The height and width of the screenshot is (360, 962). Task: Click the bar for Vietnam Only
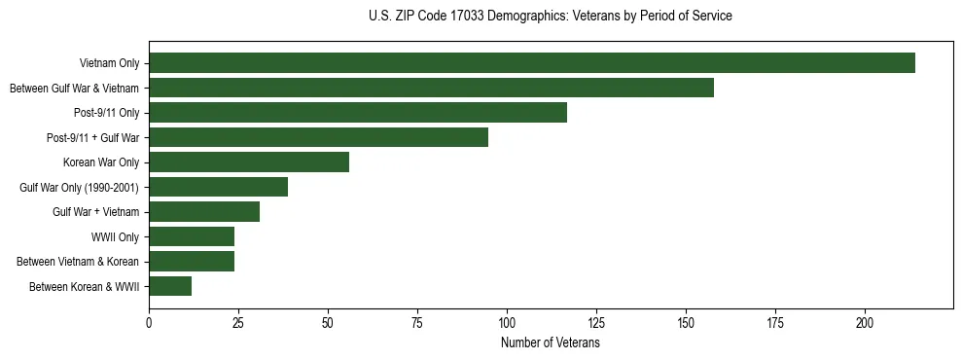coord(532,63)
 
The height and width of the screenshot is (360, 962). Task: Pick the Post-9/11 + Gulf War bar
coord(318,137)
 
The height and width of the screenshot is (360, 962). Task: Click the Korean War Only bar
coord(249,162)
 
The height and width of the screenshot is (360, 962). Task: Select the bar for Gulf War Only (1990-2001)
coord(218,187)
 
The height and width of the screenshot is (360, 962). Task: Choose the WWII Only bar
coord(192,236)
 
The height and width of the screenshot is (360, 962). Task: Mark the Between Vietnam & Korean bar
coord(192,262)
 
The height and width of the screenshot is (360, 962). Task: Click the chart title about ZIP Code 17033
coord(551,17)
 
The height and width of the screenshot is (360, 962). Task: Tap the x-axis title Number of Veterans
coord(551,343)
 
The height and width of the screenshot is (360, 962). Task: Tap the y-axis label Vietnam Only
coord(109,64)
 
